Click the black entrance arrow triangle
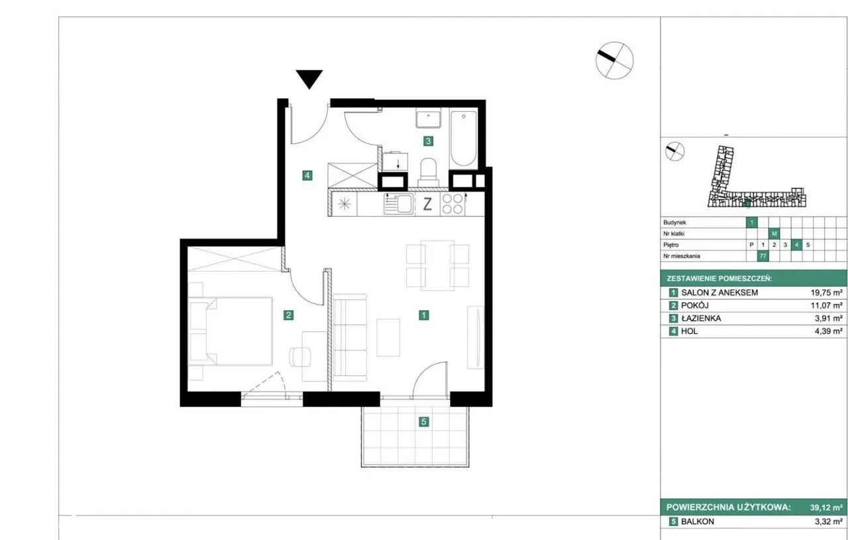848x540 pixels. coord(309,78)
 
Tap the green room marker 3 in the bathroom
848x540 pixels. coord(428,141)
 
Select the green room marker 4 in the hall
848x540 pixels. coord(307,176)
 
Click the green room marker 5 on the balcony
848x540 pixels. coord(423,421)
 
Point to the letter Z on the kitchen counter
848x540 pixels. coord(427,205)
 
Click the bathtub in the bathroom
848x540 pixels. coord(463,138)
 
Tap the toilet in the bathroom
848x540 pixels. coord(428,172)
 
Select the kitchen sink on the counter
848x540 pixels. coord(399,203)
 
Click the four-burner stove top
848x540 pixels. coord(452,203)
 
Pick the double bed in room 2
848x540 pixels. coord(230,331)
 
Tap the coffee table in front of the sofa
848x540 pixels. coord(388,337)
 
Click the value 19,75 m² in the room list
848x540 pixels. coord(826,293)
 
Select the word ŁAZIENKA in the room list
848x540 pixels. coord(701,319)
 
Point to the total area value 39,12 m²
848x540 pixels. coord(826,508)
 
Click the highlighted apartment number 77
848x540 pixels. coord(763,256)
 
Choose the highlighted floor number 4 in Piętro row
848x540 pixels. coord(796,245)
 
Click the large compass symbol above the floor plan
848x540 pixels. coord(614,60)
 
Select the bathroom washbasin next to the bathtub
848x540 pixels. coord(429,119)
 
